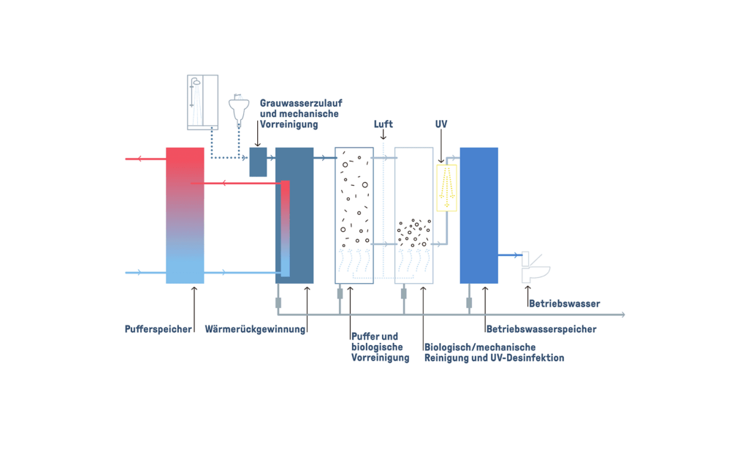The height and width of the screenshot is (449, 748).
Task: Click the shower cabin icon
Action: point(202,102)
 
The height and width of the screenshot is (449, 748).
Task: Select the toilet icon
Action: point(535,268)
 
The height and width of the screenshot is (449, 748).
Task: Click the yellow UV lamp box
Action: point(446,188)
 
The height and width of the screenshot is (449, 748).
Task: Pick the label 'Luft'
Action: point(383,124)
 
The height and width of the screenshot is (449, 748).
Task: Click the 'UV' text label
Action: point(441,124)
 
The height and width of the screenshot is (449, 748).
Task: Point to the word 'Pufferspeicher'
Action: point(158,329)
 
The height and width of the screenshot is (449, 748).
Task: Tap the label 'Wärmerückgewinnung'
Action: point(255,329)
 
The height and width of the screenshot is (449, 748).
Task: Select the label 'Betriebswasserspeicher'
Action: point(541,329)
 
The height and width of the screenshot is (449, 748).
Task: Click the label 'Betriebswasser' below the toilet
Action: point(565,303)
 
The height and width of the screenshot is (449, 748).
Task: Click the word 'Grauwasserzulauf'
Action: point(301,104)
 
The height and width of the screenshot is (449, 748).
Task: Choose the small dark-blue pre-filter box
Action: point(258,162)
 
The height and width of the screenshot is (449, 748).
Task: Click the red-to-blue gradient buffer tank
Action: point(185,216)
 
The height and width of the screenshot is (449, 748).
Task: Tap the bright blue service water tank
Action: point(478,216)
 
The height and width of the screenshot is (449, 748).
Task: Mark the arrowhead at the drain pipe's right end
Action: point(622,314)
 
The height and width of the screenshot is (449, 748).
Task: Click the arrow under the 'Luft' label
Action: point(383,135)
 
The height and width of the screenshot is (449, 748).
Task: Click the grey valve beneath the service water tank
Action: point(469,303)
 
